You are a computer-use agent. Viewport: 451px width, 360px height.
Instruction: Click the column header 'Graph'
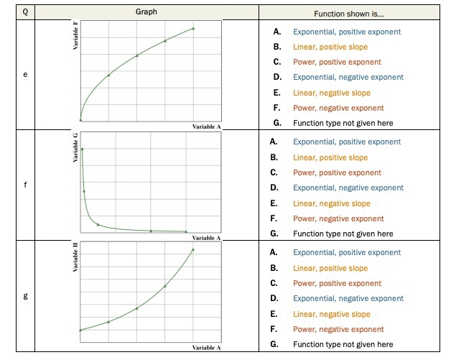point(147,12)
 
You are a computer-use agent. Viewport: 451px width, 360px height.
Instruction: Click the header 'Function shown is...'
point(349,14)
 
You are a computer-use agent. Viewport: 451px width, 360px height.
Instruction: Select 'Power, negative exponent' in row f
point(338,218)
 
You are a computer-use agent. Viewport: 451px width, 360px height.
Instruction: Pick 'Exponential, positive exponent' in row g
point(346,252)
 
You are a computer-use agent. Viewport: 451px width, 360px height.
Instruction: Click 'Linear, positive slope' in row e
point(330,47)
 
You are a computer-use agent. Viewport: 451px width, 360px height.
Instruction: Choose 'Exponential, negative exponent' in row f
point(348,188)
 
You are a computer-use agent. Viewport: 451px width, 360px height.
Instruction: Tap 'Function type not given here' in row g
point(343,344)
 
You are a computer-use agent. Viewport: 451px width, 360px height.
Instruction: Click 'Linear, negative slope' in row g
point(331,314)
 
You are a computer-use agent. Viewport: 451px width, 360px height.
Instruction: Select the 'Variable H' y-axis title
point(74,257)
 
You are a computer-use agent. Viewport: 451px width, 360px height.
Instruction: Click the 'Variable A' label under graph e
point(207,126)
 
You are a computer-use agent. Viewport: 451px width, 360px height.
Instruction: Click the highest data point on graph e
point(193,28)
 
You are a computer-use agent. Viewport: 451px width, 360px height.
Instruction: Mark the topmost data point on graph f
point(82,149)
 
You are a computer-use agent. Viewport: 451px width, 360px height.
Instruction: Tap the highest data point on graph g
point(193,249)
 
